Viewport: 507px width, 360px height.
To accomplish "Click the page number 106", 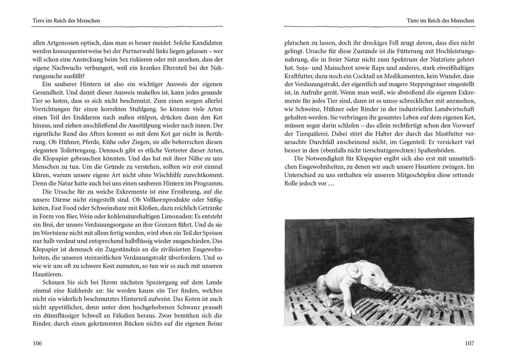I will [37, 343].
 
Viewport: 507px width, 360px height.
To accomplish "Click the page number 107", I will [469, 343].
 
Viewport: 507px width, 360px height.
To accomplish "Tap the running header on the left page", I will [66, 21].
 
